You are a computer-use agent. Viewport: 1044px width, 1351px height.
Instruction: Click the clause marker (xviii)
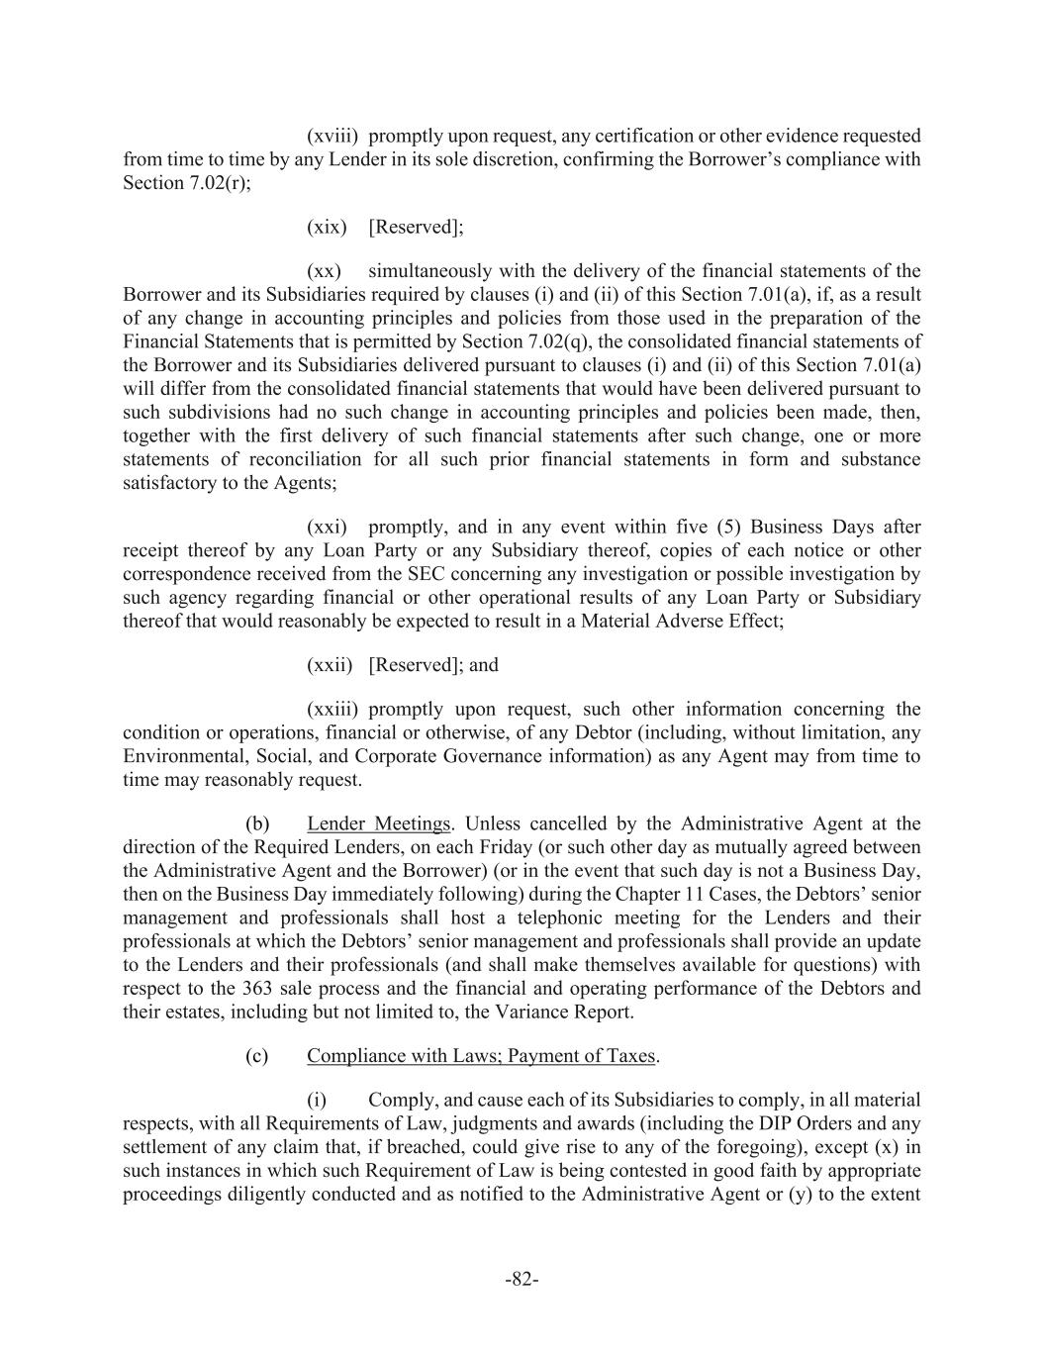332,136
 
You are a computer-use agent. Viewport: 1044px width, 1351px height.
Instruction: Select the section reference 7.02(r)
213,183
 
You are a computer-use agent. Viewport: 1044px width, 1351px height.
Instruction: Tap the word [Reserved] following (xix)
413,228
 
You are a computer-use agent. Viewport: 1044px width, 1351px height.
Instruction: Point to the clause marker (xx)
325,271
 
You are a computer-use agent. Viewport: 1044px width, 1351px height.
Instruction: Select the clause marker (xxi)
328,528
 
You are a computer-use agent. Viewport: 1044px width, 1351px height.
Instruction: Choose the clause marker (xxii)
331,665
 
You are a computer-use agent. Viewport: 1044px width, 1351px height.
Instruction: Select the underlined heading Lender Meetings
378,823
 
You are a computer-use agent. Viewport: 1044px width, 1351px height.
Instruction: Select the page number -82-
522,1280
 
